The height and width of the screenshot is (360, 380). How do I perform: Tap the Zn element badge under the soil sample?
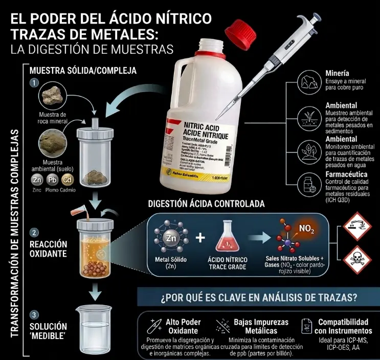pyautogui.click(x=37, y=180)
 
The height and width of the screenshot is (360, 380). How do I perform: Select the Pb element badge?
pyautogui.click(x=52, y=180)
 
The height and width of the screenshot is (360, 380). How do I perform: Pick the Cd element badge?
pyautogui.click(x=68, y=180)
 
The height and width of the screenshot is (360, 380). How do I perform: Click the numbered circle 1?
pyautogui.click(x=34, y=82)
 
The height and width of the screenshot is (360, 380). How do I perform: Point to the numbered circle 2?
pyautogui.click(x=34, y=232)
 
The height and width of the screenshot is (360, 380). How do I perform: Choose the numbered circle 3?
pyautogui.click(x=34, y=314)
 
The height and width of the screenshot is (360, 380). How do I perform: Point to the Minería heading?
pyautogui.click(x=338, y=73)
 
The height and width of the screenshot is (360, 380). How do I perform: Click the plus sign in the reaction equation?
pyautogui.click(x=201, y=238)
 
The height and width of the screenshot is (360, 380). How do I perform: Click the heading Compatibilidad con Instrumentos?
pyautogui.click(x=343, y=326)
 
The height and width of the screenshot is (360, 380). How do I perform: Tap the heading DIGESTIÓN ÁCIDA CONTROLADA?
pyautogui.click(x=206, y=203)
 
